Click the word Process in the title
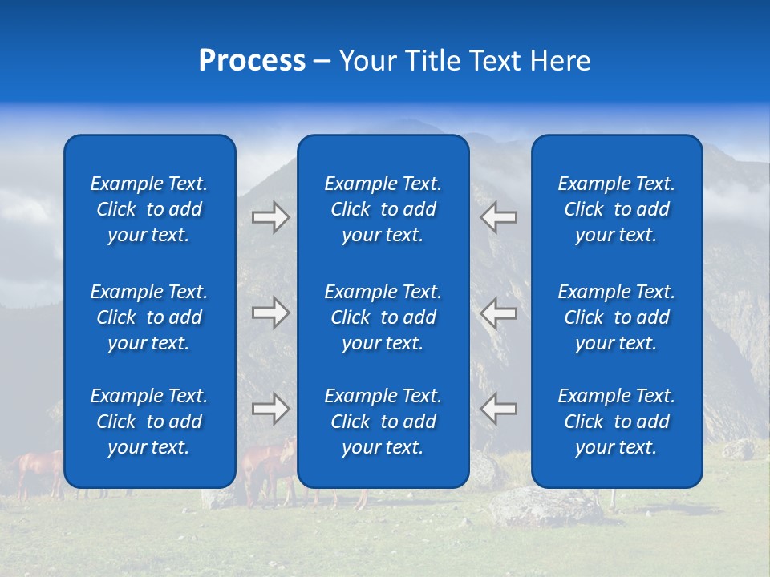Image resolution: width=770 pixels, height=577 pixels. click(x=252, y=61)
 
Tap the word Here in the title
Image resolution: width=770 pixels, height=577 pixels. click(x=560, y=61)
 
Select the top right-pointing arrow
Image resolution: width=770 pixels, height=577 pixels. click(x=271, y=217)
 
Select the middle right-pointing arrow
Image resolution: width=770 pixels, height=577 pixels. click(x=271, y=313)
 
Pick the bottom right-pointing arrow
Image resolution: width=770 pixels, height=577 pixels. click(x=271, y=409)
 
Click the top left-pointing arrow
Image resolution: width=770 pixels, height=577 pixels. click(x=499, y=217)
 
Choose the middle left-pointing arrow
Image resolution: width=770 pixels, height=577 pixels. click(x=499, y=313)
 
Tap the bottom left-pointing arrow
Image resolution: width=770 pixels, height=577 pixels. click(x=499, y=409)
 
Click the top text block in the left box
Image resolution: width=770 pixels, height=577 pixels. click(x=149, y=209)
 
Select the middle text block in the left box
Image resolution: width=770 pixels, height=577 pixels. click(x=149, y=317)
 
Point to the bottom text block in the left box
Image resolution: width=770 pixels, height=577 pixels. click(x=149, y=422)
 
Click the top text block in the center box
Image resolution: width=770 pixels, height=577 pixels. click(x=383, y=209)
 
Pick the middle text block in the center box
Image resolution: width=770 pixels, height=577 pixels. click(x=383, y=317)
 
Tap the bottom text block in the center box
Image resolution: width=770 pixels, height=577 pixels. click(x=383, y=422)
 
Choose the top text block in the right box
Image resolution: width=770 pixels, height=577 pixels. click(x=617, y=209)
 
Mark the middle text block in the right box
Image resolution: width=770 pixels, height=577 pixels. click(x=617, y=317)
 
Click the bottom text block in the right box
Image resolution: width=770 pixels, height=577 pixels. click(x=617, y=422)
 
